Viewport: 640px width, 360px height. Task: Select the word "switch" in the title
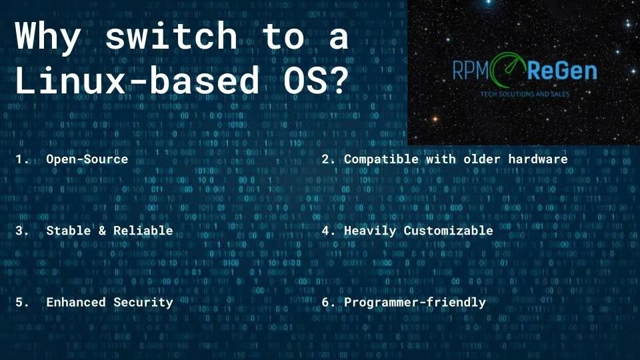pyautogui.click(x=171, y=37)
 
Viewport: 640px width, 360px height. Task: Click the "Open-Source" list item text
pyautogui.click(x=87, y=159)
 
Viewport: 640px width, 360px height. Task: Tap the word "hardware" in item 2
pyautogui.click(x=537, y=159)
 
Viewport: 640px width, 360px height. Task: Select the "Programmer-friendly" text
pyautogui.click(x=415, y=302)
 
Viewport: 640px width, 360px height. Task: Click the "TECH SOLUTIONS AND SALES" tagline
pyautogui.click(x=525, y=94)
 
